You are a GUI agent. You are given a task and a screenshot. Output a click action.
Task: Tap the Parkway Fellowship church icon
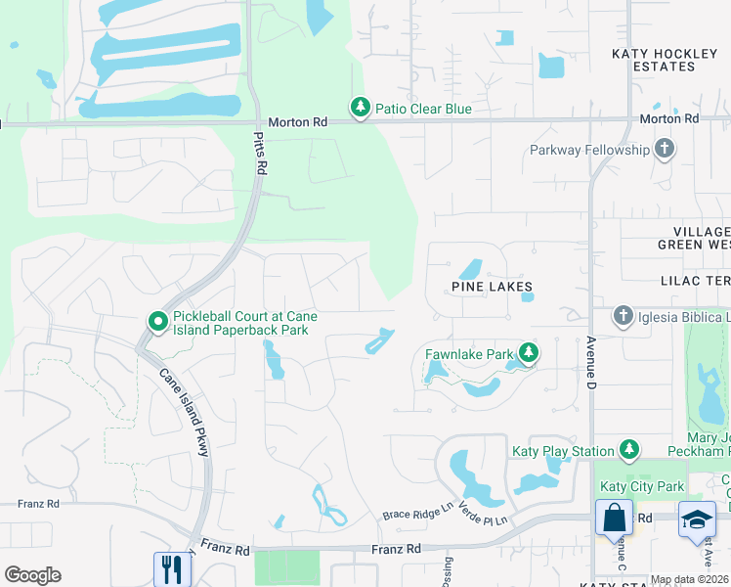coord(665,149)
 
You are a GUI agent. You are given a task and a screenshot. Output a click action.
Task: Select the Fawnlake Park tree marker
coord(529,352)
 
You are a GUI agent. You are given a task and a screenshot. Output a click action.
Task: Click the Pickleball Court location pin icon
coord(156,321)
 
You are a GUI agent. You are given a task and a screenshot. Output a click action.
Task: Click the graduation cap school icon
coord(698,518)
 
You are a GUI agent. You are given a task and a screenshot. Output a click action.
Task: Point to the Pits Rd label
coord(260,154)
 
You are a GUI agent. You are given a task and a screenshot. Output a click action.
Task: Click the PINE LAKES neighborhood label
coord(492,288)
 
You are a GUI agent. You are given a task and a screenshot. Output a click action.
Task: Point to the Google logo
coord(32,575)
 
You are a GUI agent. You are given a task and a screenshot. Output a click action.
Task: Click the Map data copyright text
coord(689,580)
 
